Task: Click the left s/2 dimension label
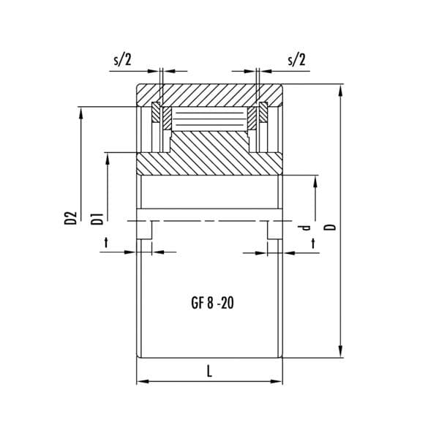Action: click(122, 60)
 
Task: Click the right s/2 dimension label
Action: click(296, 60)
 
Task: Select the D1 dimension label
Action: click(97, 219)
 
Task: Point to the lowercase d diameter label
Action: click(304, 228)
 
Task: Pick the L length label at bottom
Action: click(209, 372)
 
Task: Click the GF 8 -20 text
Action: click(212, 303)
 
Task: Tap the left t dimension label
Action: click(106, 242)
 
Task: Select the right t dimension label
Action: click(313, 244)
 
